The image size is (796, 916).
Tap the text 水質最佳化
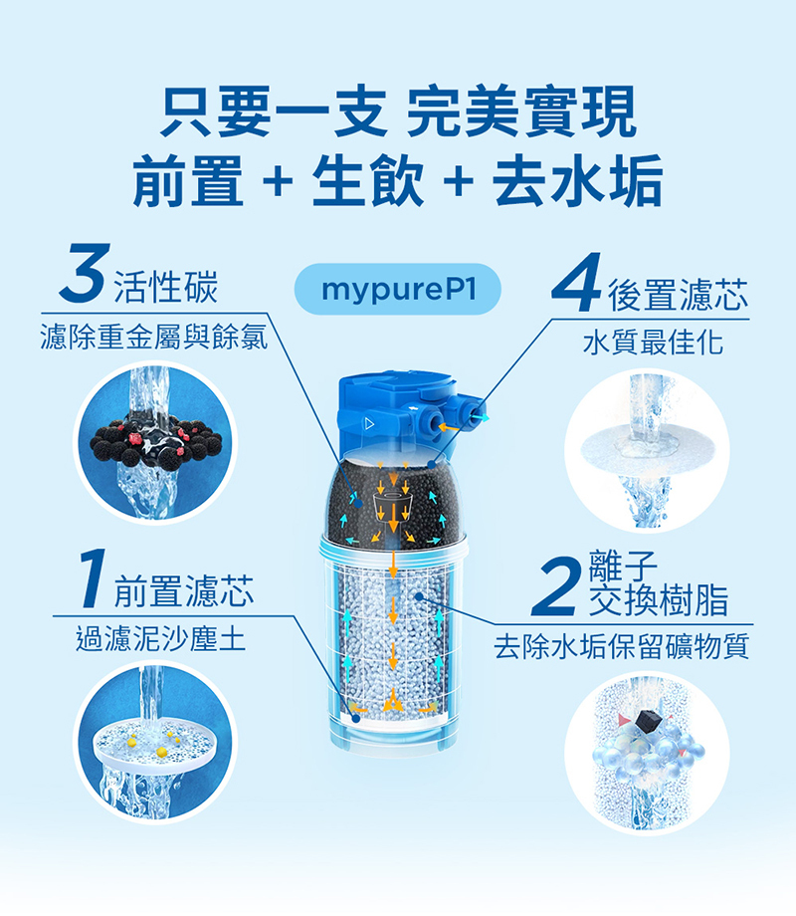[654, 343]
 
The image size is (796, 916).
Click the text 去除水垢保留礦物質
[622, 646]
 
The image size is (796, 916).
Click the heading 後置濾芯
[677, 294]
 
